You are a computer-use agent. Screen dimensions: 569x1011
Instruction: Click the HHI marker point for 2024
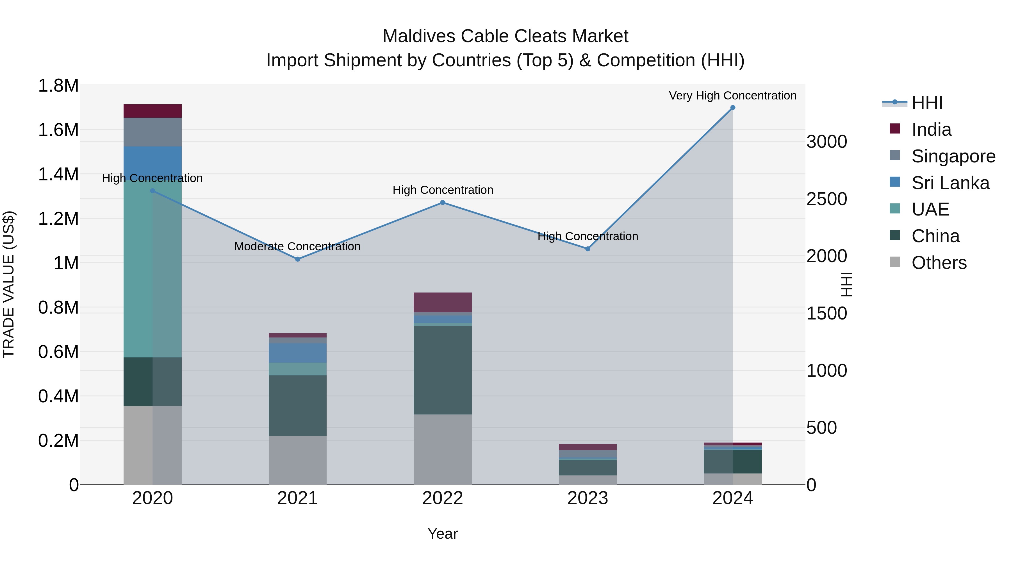click(732, 108)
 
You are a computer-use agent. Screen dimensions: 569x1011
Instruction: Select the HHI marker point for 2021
click(297, 259)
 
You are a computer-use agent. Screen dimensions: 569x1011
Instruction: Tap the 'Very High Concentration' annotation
click(732, 96)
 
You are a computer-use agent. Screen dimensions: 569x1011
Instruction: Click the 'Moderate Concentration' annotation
click(297, 247)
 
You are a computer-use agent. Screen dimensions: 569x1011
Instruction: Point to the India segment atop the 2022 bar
click(442, 302)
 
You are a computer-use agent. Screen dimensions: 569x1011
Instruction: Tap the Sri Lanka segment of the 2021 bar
click(297, 353)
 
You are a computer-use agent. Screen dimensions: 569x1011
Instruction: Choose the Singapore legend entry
click(953, 156)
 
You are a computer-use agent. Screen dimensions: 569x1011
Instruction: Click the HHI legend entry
click(927, 103)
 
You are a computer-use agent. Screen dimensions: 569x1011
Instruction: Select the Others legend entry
click(939, 263)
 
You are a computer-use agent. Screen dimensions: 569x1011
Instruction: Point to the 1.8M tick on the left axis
click(58, 86)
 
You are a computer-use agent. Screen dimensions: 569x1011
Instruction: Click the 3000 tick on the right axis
click(826, 142)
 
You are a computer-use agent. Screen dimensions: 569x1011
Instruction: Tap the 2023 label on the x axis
click(588, 498)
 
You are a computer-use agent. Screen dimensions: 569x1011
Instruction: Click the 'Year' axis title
click(442, 534)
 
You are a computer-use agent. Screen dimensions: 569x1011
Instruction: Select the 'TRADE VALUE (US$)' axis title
click(9, 284)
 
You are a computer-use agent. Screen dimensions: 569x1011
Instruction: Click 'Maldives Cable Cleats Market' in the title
click(505, 36)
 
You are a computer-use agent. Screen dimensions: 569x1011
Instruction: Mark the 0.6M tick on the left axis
click(58, 352)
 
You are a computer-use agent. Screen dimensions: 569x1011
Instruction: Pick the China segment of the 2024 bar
click(732, 461)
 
